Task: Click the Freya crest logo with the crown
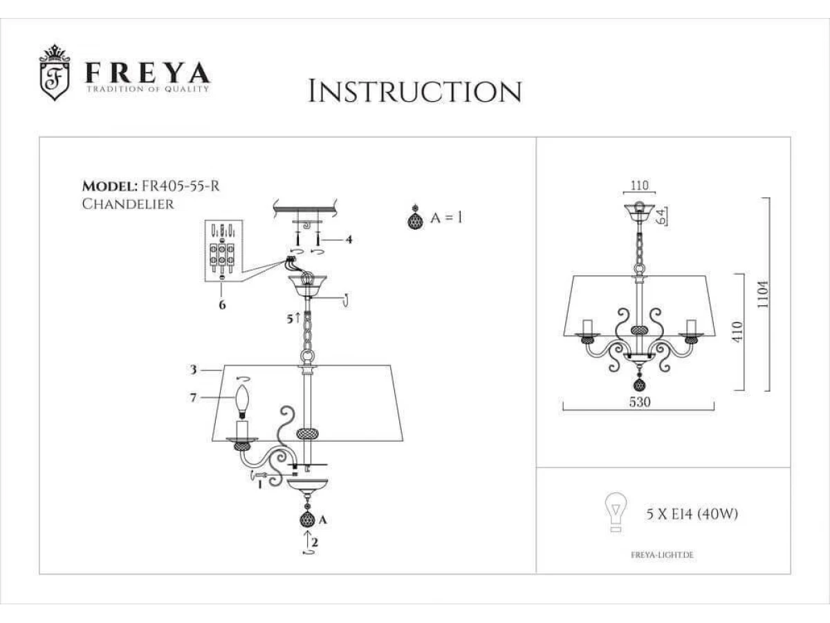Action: pyautogui.click(x=55, y=74)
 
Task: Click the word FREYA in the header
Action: pyautogui.click(x=147, y=73)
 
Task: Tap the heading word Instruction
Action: pyautogui.click(x=414, y=91)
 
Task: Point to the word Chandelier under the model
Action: pyautogui.click(x=127, y=204)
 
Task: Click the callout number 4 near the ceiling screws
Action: pyautogui.click(x=349, y=240)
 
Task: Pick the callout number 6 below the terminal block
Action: pyautogui.click(x=222, y=305)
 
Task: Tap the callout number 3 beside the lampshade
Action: pyautogui.click(x=195, y=370)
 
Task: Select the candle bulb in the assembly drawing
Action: pyautogui.click(x=242, y=401)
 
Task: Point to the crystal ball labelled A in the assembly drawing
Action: pyautogui.click(x=306, y=519)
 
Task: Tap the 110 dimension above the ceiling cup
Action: pyautogui.click(x=640, y=186)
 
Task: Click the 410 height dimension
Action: pyautogui.click(x=739, y=333)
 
